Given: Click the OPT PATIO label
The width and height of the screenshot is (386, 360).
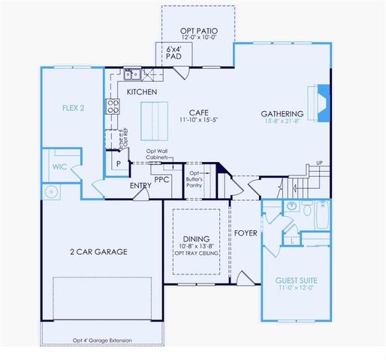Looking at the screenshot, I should (x=198, y=31).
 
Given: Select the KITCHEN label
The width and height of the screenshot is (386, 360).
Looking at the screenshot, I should (x=141, y=91).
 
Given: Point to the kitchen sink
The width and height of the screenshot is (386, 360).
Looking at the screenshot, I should (x=133, y=74).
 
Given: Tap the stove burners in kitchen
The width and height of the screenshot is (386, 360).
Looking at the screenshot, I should (x=113, y=106).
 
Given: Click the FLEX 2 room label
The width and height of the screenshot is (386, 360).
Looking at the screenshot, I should (x=72, y=107).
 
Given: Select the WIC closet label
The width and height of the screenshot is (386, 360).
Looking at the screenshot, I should (x=61, y=166).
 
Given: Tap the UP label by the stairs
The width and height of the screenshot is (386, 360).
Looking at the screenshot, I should (x=319, y=163).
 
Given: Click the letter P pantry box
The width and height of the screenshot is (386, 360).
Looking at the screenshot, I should (x=117, y=163).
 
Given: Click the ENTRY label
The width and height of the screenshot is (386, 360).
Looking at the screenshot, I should (x=140, y=185).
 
